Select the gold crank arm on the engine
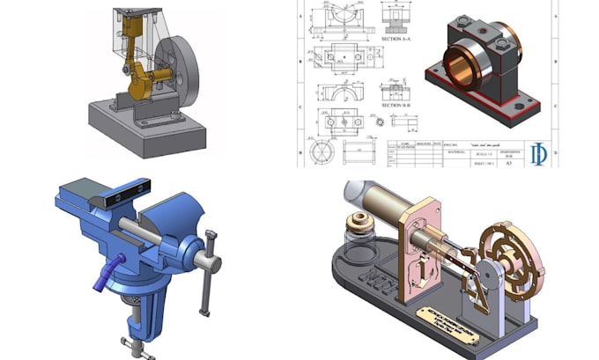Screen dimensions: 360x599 141,84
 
